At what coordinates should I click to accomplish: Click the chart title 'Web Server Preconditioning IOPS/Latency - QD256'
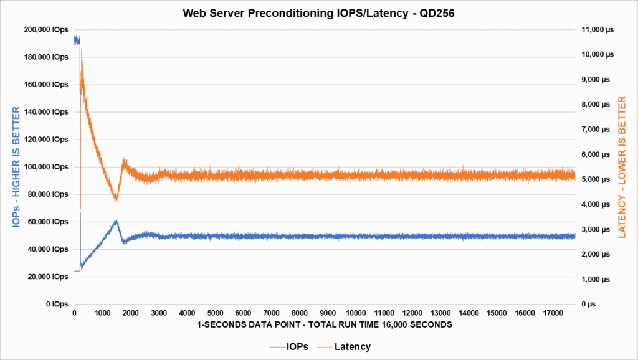click(318, 13)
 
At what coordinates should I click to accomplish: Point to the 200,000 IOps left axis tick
click(47, 30)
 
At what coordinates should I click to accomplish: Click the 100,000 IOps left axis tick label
click(47, 167)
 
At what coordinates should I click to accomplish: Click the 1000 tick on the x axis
click(103, 313)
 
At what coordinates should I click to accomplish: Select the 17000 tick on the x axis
click(553, 313)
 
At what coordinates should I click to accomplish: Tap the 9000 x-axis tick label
click(328, 313)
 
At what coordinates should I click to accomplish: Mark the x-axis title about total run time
click(324, 324)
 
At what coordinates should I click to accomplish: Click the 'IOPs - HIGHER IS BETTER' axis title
click(16, 167)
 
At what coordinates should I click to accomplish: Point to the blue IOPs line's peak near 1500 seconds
click(116, 220)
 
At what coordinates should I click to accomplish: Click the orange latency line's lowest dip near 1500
click(115, 199)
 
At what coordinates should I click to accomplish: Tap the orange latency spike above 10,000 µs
click(81, 50)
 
